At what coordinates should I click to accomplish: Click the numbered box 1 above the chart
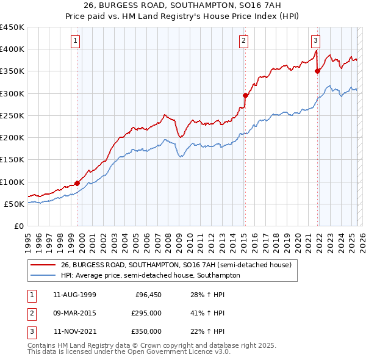pyautogui.click(x=75, y=41)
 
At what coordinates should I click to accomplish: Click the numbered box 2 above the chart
pyautogui.click(x=243, y=41)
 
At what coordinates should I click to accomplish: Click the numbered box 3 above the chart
pyautogui.click(x=315, y=41)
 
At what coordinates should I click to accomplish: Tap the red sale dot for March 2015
pyautogui.click(x=245, y=95)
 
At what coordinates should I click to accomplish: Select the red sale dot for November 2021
pyautogui.click(x=317, y=71)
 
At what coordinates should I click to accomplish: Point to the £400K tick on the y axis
pyautogui.click(x=12, y=49)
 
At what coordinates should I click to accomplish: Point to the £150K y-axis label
pyautogui.click(x=12, y=159)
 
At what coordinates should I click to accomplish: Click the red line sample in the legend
pyautogui.click(x=43, y=265)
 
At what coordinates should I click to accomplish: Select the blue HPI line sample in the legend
pyautogui.click(x=43, y=275)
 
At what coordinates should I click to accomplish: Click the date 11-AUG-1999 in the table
pyautogui.click(x=74, y=295)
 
